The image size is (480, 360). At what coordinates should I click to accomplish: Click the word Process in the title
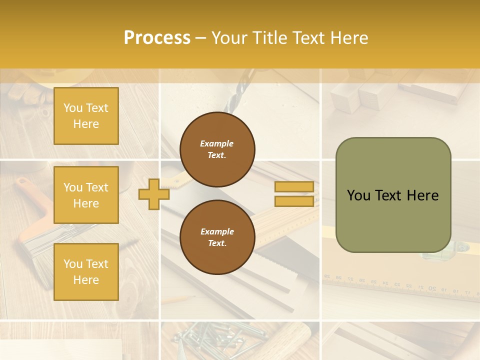pyautogui.click(x=157, y=38)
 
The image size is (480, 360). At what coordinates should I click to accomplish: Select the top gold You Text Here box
pyautogui.click(x=86, y=116)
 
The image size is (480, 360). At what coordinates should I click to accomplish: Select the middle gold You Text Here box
pyautogui.click(x=86, y=195)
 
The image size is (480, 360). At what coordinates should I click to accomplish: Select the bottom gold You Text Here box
pyautogui.click(x=86, y=272)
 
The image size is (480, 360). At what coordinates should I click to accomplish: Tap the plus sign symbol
pyautogui.click(x=154, y=194)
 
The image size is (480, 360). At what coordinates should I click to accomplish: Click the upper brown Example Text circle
pyautogui.click(x=217, y=149)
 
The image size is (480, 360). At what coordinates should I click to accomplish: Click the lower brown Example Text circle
pyautogui.click(x=217, y=237)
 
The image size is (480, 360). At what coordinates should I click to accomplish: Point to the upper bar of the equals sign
pyautogui.click(x=294, y=187)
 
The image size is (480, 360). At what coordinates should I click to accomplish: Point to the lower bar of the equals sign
pyautogui.click(x=294, y=201)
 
